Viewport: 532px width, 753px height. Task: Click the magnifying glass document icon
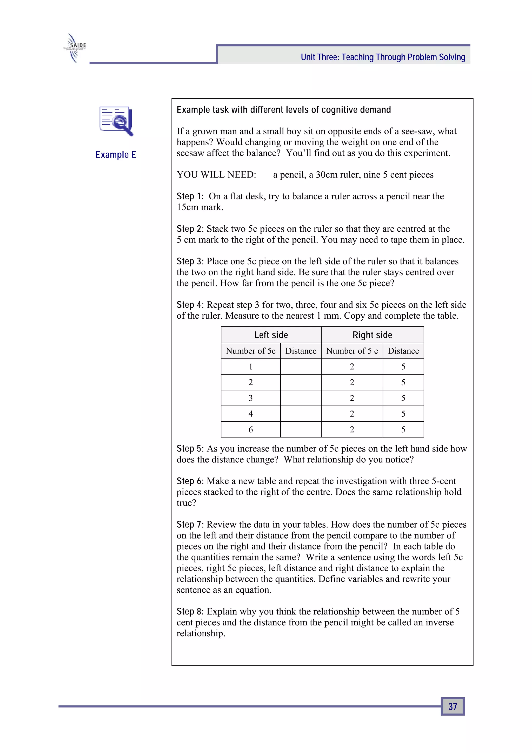[x=116, y=121]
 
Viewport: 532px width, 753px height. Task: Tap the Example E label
[x=116, y=154]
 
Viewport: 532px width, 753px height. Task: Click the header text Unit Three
[x=383, y=57]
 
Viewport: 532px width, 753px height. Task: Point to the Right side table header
[x=372, y=335]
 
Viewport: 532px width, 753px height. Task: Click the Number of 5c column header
[x=250, y=351]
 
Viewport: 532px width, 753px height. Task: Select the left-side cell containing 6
[x=250, y=429]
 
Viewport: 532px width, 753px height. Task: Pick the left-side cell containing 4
[x=250, y=414]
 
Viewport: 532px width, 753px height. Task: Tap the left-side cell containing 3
[x=250, y=398]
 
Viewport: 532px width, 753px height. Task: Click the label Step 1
[x=189, y=196]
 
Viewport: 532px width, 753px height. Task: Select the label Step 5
[x=189, y=448]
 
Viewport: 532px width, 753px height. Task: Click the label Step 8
[x=189, y=611]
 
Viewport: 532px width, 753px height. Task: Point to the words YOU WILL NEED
[x=216, y=174]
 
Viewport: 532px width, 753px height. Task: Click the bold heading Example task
[x=284, y=109]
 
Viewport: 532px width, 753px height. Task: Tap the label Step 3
[x=189, y=261]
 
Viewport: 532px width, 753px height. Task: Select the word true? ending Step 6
[x=186, y=503]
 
